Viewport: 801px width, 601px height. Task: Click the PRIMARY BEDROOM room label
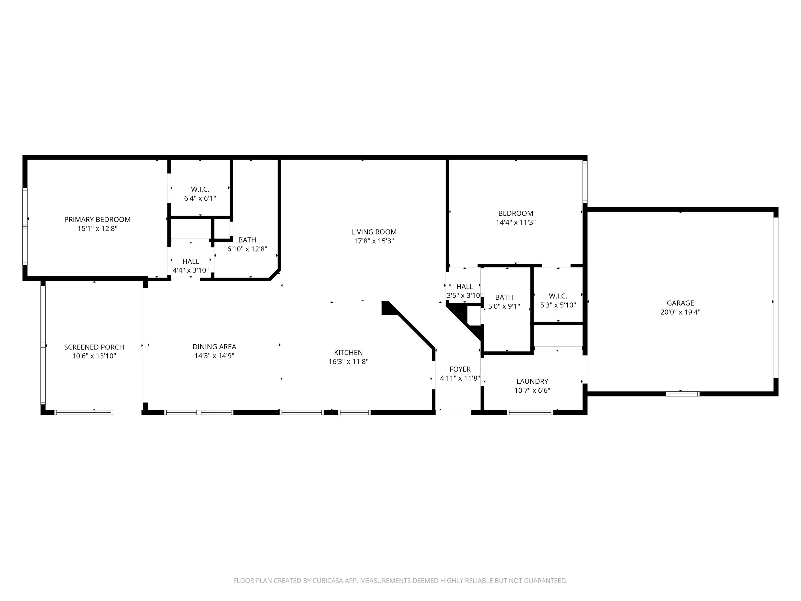[97, 220]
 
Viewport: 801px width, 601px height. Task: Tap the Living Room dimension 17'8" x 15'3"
[374, 241]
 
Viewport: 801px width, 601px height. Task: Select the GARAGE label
[680, 303]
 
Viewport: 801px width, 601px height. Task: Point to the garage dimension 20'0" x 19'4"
[680, 312]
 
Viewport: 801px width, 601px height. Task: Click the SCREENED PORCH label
[94, 347]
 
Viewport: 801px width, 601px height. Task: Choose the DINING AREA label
[214, 347]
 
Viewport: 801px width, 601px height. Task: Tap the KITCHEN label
[348, 353]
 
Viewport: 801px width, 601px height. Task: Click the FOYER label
[460, 369]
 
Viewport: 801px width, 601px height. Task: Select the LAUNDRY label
[532, 381]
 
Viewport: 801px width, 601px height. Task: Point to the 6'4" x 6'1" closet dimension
[200, 198]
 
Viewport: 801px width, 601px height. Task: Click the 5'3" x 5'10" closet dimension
[558, 305]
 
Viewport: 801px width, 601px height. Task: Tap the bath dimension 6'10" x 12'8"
[247, 249]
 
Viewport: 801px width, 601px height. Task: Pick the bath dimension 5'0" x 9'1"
[504, 306]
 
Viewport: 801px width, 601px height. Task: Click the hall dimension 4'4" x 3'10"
[191, 270]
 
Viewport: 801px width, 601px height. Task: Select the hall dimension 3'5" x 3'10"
[465, 295]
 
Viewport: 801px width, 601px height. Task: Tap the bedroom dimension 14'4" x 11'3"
[516, 223]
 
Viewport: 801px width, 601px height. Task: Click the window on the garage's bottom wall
[683, 394]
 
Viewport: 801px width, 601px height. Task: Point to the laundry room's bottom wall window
[530, 412]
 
